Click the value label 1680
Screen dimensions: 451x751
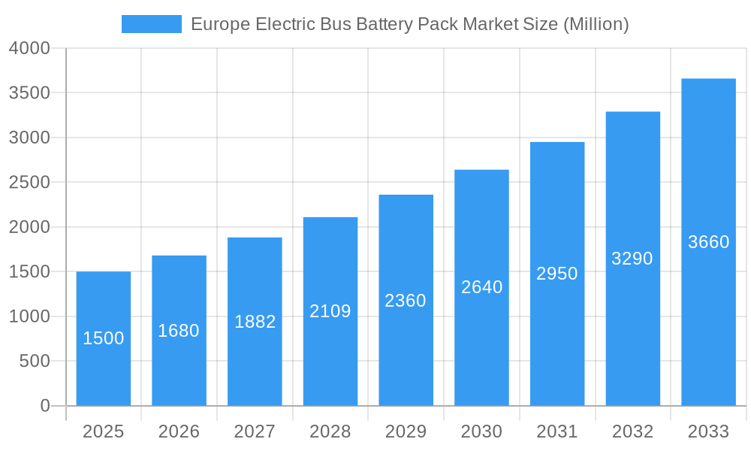pyautogui.click(x=179, y=331)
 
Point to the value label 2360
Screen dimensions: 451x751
pyautogui.click(x=406, y=301)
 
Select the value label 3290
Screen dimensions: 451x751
pyautogui.click(x=632, y=259)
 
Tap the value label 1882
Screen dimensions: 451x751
pyautogui.click(x=255, y=322)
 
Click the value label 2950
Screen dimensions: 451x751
pyautogui.click(x=557, y=274)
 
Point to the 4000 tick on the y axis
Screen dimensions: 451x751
pyautogui.click(x=29, y=48)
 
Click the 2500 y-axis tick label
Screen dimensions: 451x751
pyautogui.click(x=29, y=183)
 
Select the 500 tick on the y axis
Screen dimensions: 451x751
pyautogui.click(x=35, y=362)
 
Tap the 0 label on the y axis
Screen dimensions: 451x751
pyautogui.click(x=44, y=406)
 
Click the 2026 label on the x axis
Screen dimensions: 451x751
pyautogui.click(x=179, y=431)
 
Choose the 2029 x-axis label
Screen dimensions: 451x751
pyautogui.click(x=406, y=431)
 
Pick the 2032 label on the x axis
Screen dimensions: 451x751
pyautogui.click(x=632, y=431)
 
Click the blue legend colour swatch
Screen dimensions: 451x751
pyautogui.click(x=152, y=24)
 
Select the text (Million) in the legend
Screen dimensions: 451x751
pyautogui.click(x=596, y=24)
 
